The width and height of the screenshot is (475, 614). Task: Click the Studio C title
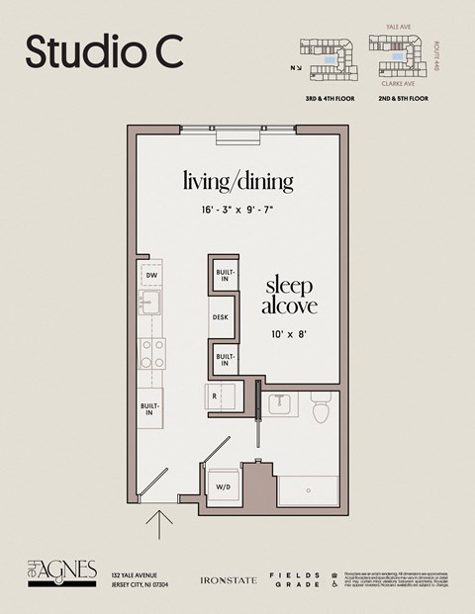tap(104, 52)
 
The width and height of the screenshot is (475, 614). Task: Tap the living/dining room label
tap(237, 181)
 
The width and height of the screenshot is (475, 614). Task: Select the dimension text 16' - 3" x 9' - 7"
tap(237, 210)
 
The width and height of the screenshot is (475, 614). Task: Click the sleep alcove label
tap(289, 296)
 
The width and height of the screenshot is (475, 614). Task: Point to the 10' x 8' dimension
tap(289, 334)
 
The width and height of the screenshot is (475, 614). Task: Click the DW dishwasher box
tap(151, 276)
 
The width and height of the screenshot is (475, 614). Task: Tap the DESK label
tap(220, 318)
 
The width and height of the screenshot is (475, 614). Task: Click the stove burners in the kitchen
tap(151, 353)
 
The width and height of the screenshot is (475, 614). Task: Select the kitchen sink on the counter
tap(151, 302)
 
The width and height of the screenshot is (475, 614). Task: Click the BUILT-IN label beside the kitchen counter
tap(150, 407)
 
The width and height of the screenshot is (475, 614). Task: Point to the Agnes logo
tap(61, 570)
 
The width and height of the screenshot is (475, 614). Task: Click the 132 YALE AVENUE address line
tap(135, 574)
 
